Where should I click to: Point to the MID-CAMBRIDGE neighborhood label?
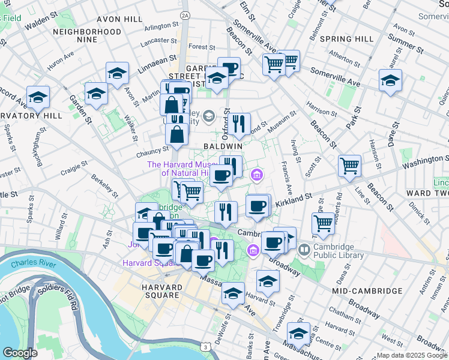pyautogui.click(x=367, y=290)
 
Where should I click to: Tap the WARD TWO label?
pyautogui.click(x=427, y=193)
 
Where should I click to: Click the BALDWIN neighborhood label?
pyautogui.click(x=222, y=146)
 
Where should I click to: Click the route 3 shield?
pyautogui.click(x=206, y=347)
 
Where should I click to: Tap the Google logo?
pyautogui.click(x=20, y=353)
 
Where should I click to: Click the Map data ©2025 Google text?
pyautogui.click(x=412, y=355)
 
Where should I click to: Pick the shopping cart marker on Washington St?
pyautogui.click(x=349, y=166)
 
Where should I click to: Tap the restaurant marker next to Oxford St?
pyautogui.click(x=239, y=124)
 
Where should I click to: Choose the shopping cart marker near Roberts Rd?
pyautogui.click(x=323, y=223)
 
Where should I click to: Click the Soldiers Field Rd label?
pyautogui.click(x=57, y=298)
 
